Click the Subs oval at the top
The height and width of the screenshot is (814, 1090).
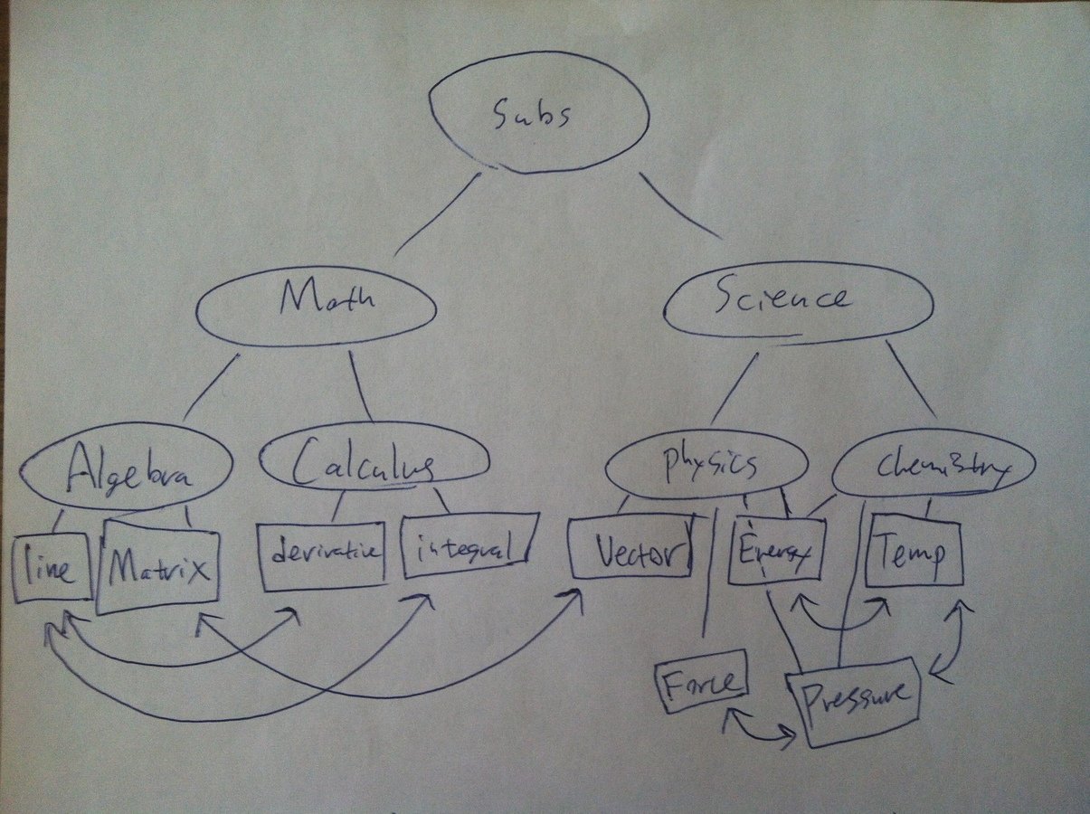click(x=539, y=113)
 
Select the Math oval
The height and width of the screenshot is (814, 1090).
click(x=316, y=305)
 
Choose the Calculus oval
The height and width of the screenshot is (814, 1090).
click(x=374, y=461)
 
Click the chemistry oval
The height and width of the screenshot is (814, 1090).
click(x=932, y=467)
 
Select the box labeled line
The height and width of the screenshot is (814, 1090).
click(x=51, y=567)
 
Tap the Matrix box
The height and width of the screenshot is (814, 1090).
click(x=158, y=567)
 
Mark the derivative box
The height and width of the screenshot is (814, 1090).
click(x=322, y=552)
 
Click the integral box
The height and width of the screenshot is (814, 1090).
click(x=469, y=544)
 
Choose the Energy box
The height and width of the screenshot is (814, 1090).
click(x=774, y=549)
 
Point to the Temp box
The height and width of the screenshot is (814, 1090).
click(x=914, y=549)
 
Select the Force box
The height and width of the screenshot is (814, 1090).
click(x=701, y=680)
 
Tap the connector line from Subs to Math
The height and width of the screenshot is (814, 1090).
click(x=438, y=213)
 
